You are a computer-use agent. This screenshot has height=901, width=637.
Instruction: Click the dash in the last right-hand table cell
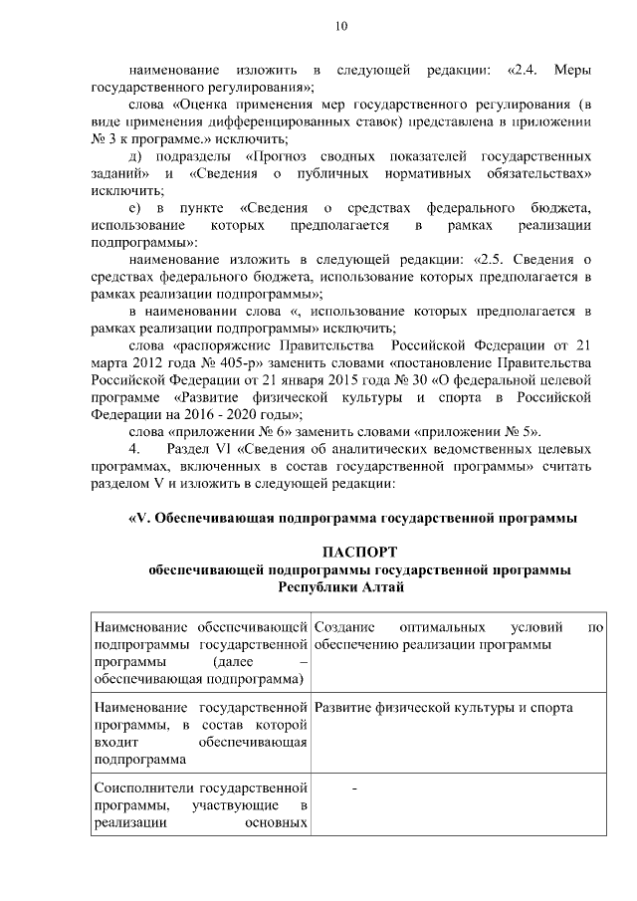click(354, 789)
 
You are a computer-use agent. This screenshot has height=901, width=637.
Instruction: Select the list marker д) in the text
click(136, 157)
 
